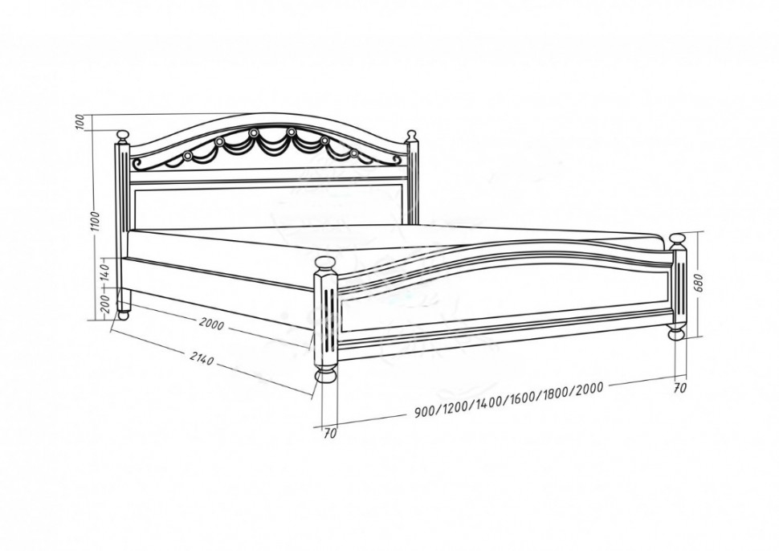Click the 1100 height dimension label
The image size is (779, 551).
(x=96, y=221)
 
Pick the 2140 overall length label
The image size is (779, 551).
(x=202, y=357)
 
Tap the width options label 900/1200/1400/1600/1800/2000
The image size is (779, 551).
(x=508, y=398)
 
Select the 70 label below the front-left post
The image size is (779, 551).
(x=330, y=433)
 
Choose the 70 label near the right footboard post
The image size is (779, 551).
(x=679, y=388)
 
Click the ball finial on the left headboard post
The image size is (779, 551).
(x=123, y=136)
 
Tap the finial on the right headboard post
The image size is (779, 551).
(x=411, y=135)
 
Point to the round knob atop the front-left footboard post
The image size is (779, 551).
(x=325, y=263)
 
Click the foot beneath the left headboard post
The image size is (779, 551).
(x=123, y=314)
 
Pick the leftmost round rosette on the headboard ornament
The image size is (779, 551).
(x=187, y=156)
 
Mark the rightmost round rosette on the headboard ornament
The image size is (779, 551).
(x=353, y=153)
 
